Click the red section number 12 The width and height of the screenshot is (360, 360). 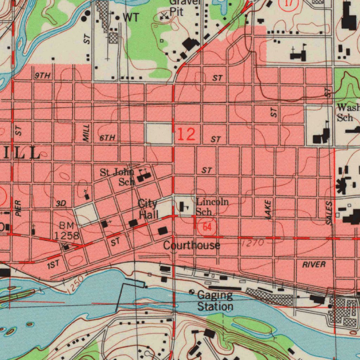pos(186,134)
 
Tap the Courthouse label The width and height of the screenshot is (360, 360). pos(192,245)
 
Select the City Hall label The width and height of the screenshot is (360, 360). pos(148,209)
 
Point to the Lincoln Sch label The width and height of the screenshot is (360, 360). pos(212,206)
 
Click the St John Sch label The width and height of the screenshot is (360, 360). pos(117,177)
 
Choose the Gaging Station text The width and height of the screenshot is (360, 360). pos(215,301)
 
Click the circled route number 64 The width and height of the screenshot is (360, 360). pos(207,227)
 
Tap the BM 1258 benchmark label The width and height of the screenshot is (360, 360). pos(66,231)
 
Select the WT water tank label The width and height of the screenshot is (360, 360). pos(131,17)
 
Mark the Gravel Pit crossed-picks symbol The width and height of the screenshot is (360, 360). pos(164,15)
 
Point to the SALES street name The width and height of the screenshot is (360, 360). pos(329,213)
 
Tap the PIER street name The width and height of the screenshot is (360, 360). pos(19,208)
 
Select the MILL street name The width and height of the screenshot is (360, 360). pos(86,133)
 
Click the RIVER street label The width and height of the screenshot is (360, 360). pos(314,264)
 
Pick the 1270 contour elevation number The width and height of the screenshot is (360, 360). pos(253,243)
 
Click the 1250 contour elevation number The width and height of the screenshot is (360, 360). pos(75,284)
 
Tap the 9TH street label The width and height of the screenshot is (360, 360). pos(43,76)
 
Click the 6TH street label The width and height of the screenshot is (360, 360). pos(107,138)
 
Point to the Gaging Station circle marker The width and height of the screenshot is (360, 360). pos(192,292)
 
